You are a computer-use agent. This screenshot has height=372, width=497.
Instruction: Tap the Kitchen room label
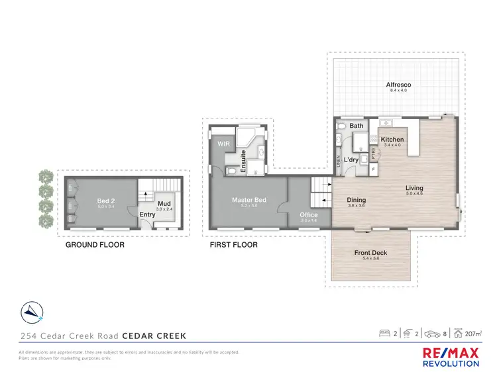[x=392, y=140]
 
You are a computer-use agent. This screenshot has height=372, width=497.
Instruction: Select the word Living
[x=414, y=188]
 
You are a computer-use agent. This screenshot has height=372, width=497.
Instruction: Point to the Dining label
[x=356, y=201]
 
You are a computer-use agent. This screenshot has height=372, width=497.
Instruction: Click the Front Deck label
[x=370, y=253]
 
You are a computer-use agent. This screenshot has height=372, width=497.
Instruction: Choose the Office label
[x=309, y=214]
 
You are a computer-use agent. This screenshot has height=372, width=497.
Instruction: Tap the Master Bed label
[x=248, y=200]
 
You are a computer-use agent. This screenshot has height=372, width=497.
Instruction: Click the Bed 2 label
[x=106, y=201]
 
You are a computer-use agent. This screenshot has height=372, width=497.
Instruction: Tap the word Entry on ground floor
[x=147, y=214]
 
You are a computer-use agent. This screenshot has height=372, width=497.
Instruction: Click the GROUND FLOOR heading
[x=95, y=244]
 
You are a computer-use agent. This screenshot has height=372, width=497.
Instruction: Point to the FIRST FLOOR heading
[x=233, y=244]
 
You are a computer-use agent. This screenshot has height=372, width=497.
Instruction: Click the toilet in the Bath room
[x=342, y=125]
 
